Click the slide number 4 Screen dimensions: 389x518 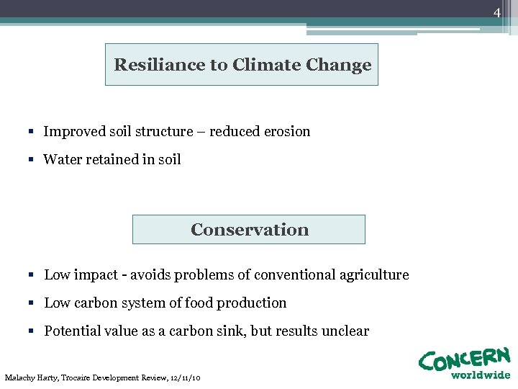496,13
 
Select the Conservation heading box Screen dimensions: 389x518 249,230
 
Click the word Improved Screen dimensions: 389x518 74,132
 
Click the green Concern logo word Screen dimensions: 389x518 464,359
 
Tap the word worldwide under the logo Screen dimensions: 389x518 480,375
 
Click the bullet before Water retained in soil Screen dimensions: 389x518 32,160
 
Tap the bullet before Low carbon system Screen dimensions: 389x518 33,303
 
